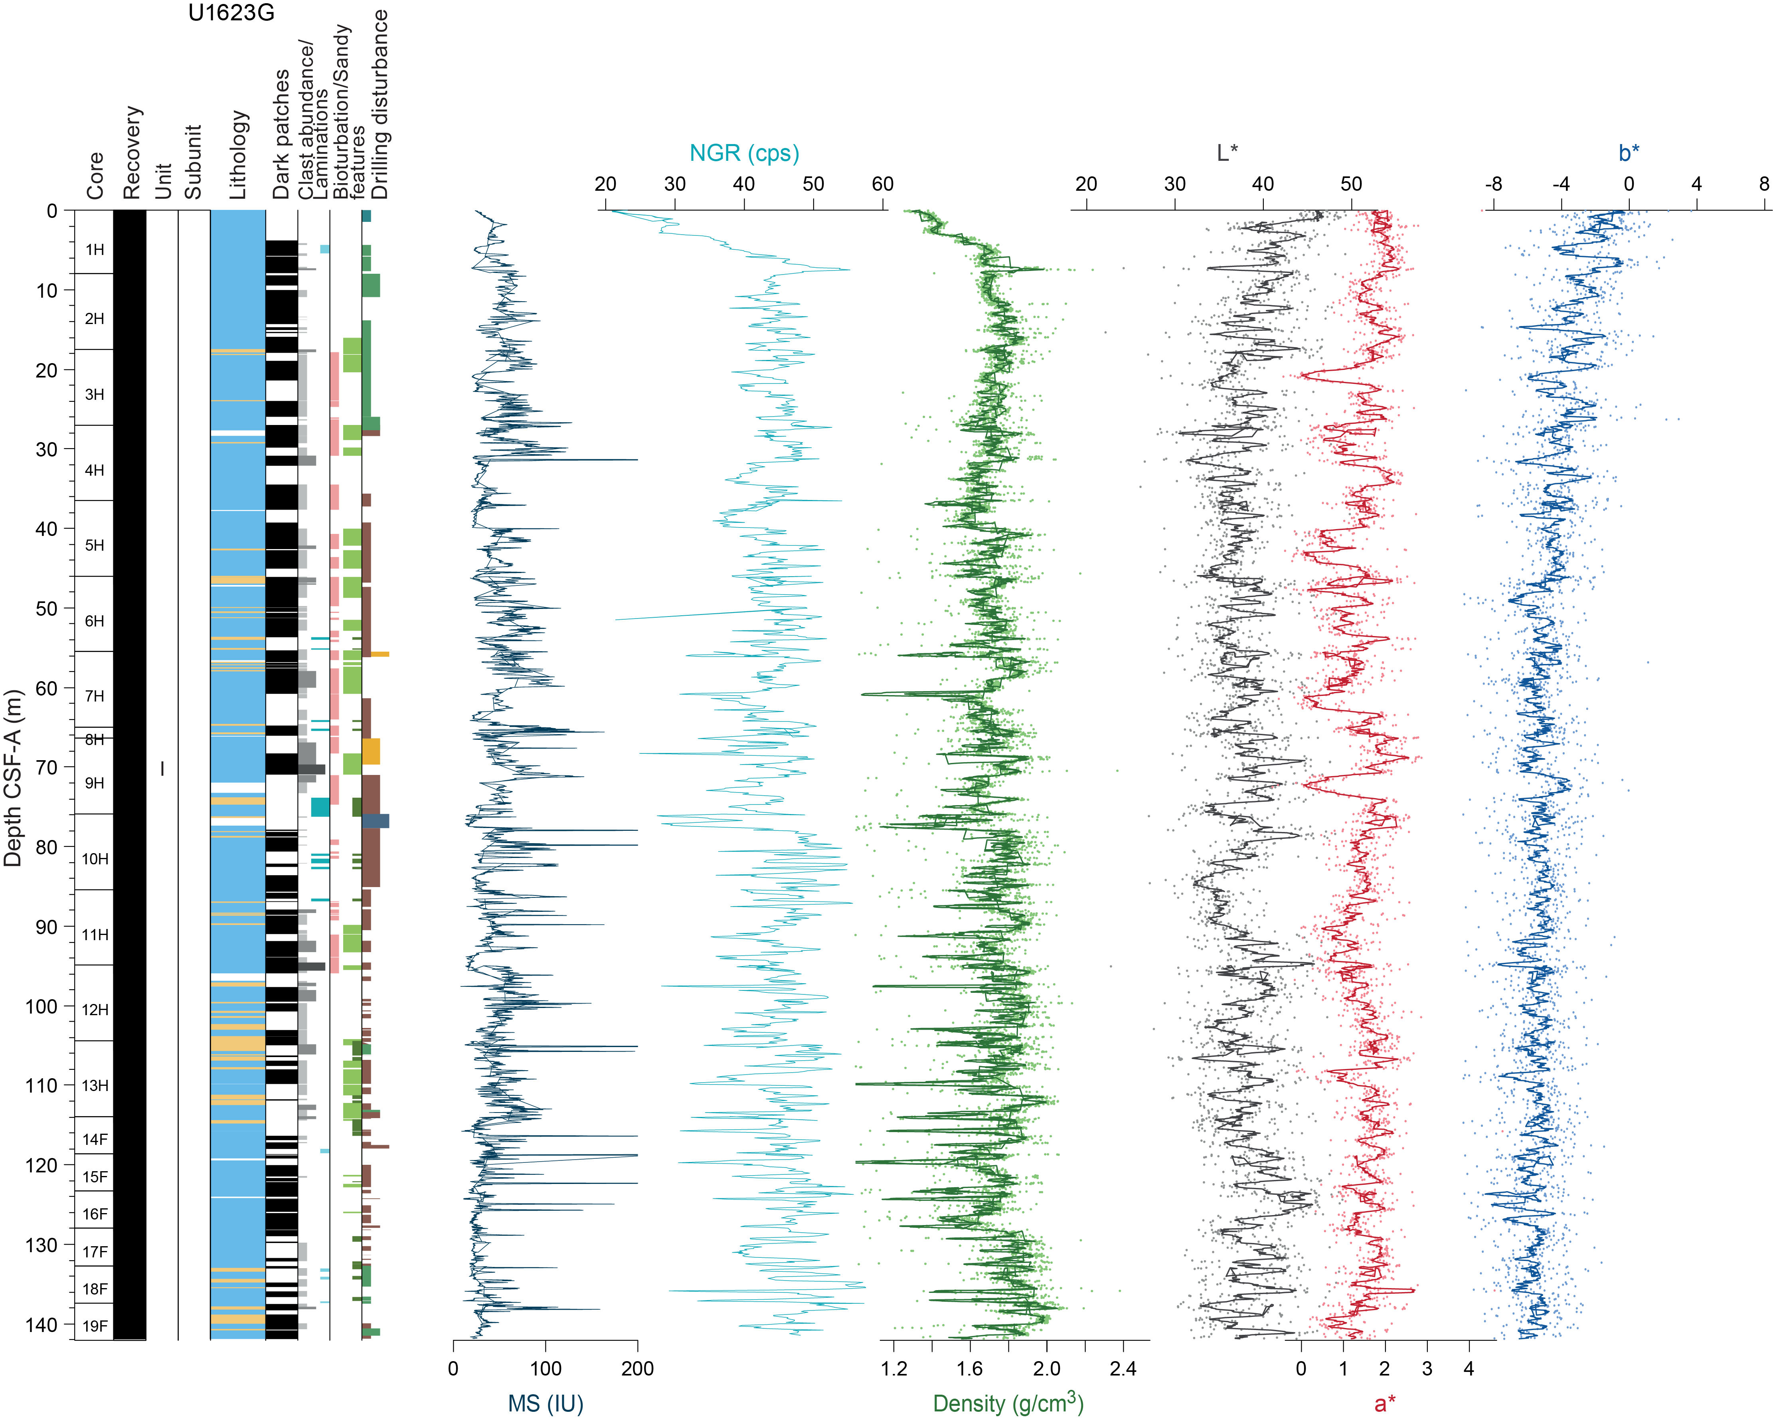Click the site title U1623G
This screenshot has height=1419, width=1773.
pos(231,13)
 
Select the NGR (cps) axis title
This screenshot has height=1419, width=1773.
pos(743,153)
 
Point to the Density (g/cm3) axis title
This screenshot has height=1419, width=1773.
pos(1007,1402)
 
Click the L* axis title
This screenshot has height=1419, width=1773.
pos(1227,153)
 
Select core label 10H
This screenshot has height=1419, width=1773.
pos(95,859)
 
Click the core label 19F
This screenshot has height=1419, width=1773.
pos(95,1325)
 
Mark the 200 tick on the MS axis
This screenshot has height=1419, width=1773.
pos(637,1368)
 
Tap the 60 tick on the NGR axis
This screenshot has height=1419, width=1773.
pos(882,184)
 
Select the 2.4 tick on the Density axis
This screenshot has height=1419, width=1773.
pos(1123,1368)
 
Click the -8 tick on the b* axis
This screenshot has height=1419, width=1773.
pos(1493,184)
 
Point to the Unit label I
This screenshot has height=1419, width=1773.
pos(162,769)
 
